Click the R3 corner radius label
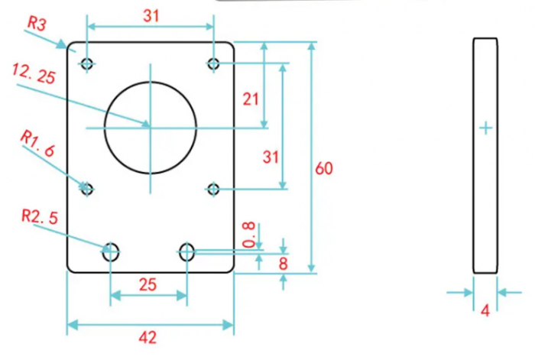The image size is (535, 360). coord(37,23)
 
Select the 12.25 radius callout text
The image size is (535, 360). coord(34,74)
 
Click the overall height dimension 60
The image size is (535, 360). coord(323,168)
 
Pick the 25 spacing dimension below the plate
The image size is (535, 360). coord(148,285)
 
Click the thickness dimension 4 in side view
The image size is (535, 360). coord(485,310)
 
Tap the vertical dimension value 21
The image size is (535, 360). coord(251,99)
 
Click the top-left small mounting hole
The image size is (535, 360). coord(86,63)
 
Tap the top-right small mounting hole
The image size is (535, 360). coord(214,63)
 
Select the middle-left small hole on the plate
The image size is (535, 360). coord(86,188)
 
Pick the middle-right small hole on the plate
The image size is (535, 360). coord(214,188)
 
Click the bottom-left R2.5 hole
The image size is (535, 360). coord(111,250)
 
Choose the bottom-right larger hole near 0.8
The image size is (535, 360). coord(187,250)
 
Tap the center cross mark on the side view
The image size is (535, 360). coord(485,128)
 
